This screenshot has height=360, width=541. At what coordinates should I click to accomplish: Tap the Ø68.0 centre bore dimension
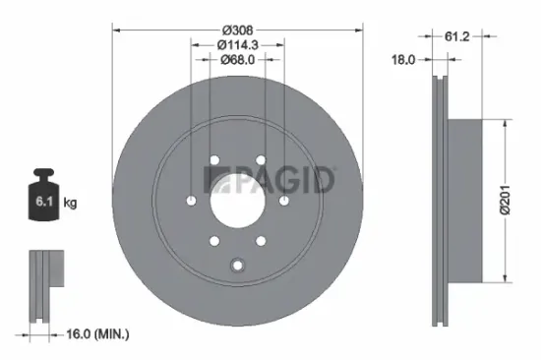tap(237, 59)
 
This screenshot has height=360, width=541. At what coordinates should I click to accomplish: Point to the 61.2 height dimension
tap(455, 36)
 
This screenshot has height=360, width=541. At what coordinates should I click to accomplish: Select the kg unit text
tap(71, 204)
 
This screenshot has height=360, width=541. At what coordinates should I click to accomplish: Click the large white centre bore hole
tap(237, 200)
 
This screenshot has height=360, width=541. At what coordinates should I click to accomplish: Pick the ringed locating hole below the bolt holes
tap(236, 264)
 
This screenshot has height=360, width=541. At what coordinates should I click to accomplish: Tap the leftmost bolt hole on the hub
tap(190, 201)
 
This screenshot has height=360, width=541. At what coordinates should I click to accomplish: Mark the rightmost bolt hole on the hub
tap(284, 201)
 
